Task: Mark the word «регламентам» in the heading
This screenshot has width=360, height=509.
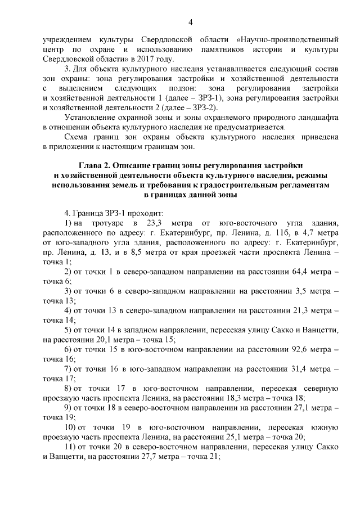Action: (300, 185)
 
